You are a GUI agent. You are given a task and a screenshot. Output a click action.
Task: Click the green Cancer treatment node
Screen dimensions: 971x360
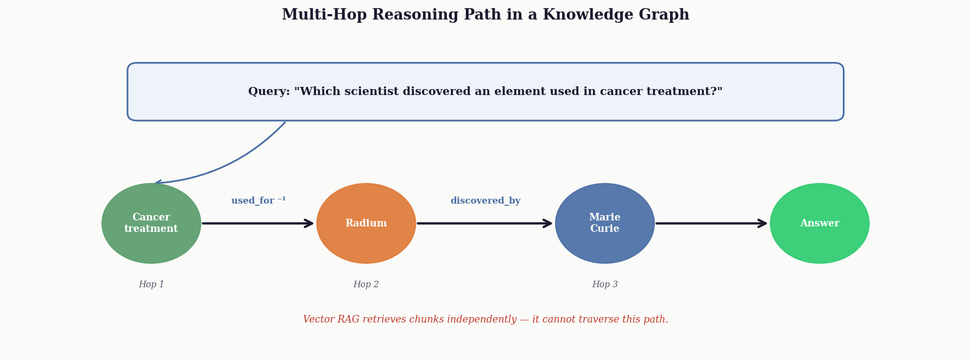[152, 223]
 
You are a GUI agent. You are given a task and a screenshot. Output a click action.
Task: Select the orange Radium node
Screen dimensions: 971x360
[366, 223]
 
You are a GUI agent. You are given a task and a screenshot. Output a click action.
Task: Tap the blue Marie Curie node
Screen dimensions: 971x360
[605, 223]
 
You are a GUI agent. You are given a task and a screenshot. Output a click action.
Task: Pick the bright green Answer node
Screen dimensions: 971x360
[819, 223]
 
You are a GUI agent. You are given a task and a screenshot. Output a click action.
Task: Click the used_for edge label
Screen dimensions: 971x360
[258, 200]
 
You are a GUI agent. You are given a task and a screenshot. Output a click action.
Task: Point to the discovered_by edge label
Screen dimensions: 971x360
[485, 201]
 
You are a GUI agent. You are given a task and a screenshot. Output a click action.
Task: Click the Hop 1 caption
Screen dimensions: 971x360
[152, 285]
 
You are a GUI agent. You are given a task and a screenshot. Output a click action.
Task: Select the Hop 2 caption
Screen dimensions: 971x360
[366, 285]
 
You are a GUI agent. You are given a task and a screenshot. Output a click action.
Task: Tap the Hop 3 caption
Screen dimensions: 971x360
[605, 285]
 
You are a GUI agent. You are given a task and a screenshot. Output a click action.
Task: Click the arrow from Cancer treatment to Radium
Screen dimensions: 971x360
[258, 223]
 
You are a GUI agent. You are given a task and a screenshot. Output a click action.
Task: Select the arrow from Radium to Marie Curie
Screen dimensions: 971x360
[484, 223]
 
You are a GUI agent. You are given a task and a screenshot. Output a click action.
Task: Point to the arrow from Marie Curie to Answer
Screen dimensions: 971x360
[711, 223]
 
